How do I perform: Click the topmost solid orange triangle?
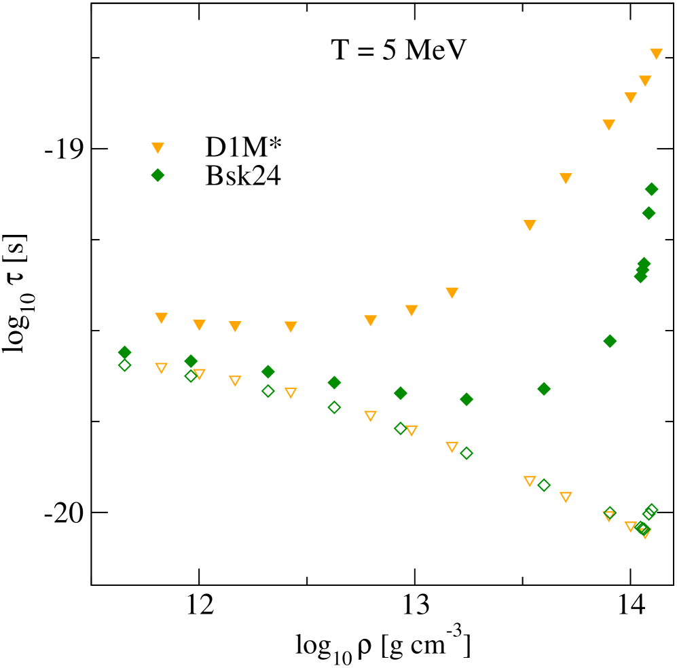click(656, 54)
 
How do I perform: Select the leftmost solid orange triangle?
click(161, 318)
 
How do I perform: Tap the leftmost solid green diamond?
click(124, 352)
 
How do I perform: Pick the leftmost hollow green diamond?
click(124, 365)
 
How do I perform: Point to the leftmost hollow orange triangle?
click(161, 368)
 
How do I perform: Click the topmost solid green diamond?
click(651, 189)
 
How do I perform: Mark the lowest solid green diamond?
click(466, 399)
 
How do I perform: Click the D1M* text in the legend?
click(243, 147)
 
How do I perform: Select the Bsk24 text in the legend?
click(243, 176)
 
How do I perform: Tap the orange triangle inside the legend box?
click(158, 147)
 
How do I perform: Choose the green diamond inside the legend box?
click(158, 175)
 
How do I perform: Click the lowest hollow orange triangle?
click(644, 534)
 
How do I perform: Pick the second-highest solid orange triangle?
click(645, 81)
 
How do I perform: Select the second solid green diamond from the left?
click(191, 361)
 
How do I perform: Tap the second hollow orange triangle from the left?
click(199, 374)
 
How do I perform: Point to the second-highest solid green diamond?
click(648, 213)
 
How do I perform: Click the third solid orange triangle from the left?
click(235, 327)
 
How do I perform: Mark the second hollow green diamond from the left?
click(191, 375)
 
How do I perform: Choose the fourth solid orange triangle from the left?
click(291, 327)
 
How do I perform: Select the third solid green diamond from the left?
click(268, 371)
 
